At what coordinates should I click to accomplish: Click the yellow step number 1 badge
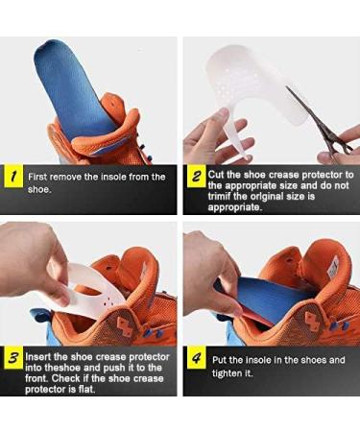12,178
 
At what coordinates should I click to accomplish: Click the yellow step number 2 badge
194,177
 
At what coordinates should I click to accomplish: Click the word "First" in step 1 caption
40,177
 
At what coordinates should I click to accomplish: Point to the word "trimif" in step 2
227,197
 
